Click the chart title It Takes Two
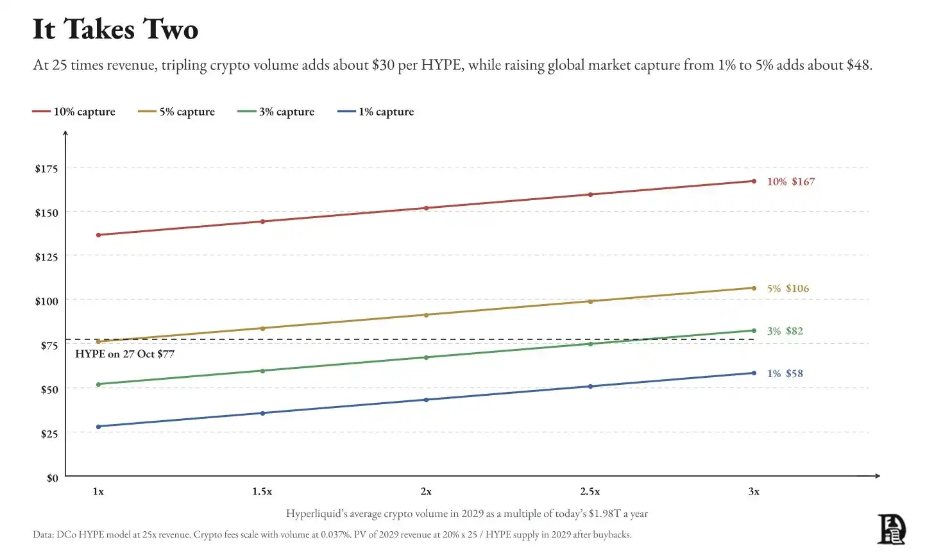coord(115,30)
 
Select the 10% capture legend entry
coord(74,112)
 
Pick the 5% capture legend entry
coord(176,112)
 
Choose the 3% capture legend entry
coord(276,112)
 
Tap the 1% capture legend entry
coord(376,112)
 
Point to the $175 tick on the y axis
coord(46,169)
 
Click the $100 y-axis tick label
coord(46,301)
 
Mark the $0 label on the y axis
coord(52,478)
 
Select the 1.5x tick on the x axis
coord(262,491)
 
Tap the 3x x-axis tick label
coord(754,491)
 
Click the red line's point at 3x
coord(754,181)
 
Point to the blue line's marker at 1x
coord(98,427)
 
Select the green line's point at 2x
coord(426,357)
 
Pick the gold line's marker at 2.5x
coord(590,301)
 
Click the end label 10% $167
coord(791,182)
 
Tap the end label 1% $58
coord(785,373)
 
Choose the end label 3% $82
coord(785,330)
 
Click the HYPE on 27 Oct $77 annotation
coord(124,354)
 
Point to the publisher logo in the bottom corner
coord(892,529)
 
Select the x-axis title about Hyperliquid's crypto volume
coord(467,514)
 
